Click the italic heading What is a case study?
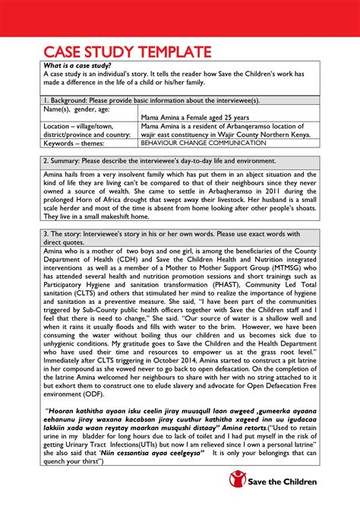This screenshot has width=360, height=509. coord(58,65)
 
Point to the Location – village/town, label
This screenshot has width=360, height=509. coord(64,125)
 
